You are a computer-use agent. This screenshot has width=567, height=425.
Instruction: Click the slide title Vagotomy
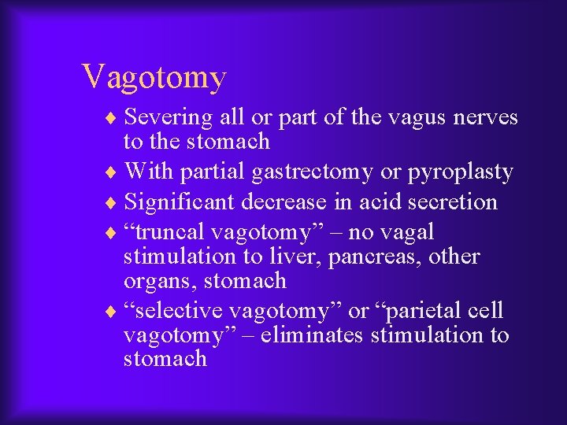click(154, 77)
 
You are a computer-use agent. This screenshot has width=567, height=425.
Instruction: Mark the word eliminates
click(313, 335)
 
